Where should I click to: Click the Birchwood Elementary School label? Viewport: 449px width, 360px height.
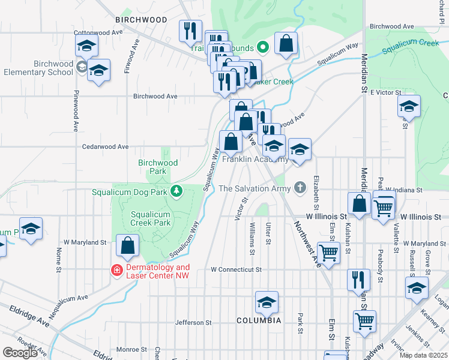[37, 68]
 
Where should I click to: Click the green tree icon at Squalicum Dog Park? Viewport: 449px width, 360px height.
[176, 191]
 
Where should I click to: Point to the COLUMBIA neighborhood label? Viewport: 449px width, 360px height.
[259, 321]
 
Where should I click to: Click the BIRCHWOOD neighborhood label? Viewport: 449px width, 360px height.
[141, 19]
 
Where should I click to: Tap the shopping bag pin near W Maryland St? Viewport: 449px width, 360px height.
[127, 245]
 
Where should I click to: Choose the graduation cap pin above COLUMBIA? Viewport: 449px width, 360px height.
[267, 302]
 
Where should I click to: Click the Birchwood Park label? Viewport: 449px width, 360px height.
[158, 167]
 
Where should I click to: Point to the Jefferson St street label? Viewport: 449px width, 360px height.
[194, 322]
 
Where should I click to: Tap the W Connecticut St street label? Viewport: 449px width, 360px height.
[236, 270]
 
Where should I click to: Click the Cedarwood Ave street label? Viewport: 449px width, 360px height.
[106, 146]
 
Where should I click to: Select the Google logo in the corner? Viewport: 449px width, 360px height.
[20, 353]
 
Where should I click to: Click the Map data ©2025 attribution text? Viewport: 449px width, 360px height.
[423, 355]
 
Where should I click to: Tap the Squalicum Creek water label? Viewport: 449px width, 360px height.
[417, 43]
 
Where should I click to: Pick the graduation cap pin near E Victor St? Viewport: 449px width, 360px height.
[409, 107]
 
